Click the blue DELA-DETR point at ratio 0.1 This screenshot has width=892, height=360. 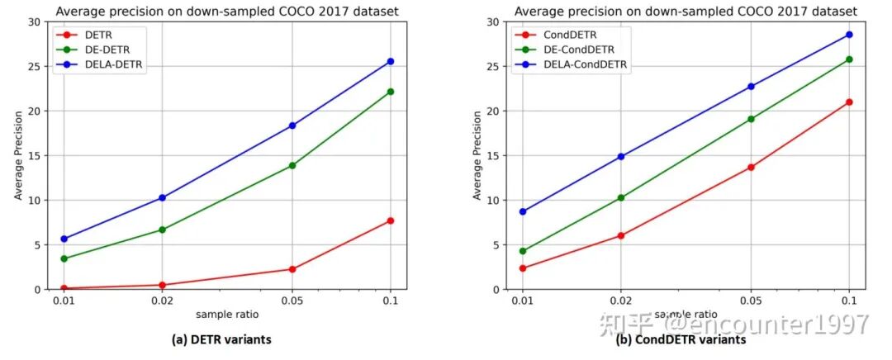(390, 61)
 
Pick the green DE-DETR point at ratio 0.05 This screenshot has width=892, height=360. (292, 165)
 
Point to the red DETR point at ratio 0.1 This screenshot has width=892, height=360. (390, 220)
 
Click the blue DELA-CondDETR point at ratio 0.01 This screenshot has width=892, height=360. (523, 211)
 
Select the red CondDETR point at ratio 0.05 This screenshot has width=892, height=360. (751, 167)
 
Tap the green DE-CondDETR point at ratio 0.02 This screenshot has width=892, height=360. (620, 197)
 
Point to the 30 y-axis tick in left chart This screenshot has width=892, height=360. (35, 21)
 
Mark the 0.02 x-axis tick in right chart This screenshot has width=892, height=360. (620, 301)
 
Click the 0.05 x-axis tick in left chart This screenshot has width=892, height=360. (292, 301)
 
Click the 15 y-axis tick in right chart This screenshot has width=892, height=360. (494, 155)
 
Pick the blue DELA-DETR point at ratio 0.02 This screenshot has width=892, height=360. (162, 197)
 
